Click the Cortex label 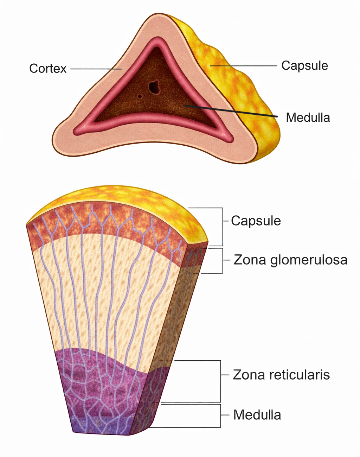tap(48, 68)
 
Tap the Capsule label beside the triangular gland tap(304, 65)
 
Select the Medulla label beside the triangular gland tap(308, 117)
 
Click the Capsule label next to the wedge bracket tap(256, 221)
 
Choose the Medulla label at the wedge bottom tap(257, 415)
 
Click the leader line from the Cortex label tap(96, 69)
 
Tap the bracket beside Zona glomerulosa tap(223, 261)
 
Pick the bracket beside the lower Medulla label tap(220, 415)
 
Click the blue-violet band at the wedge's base tap(102, 426)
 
